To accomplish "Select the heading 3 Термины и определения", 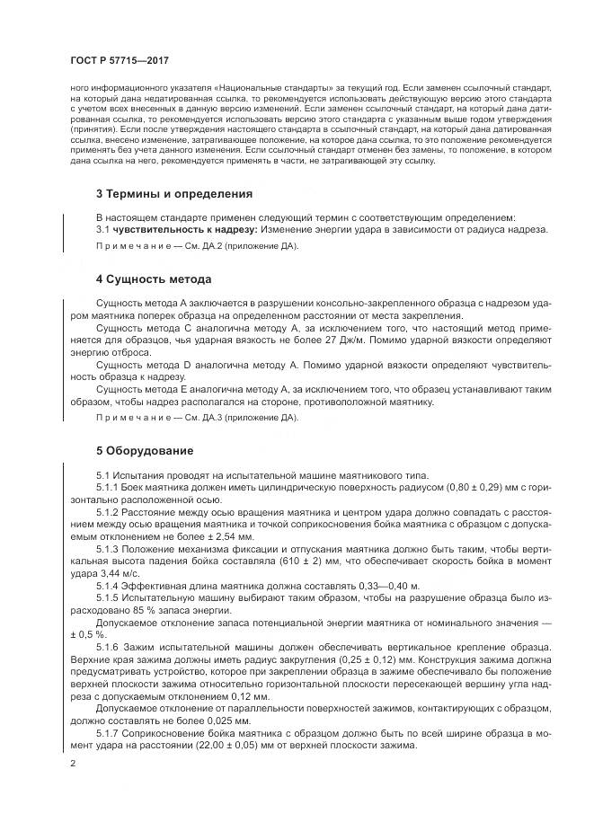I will (174, 193).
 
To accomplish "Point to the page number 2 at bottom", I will (72, 763).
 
